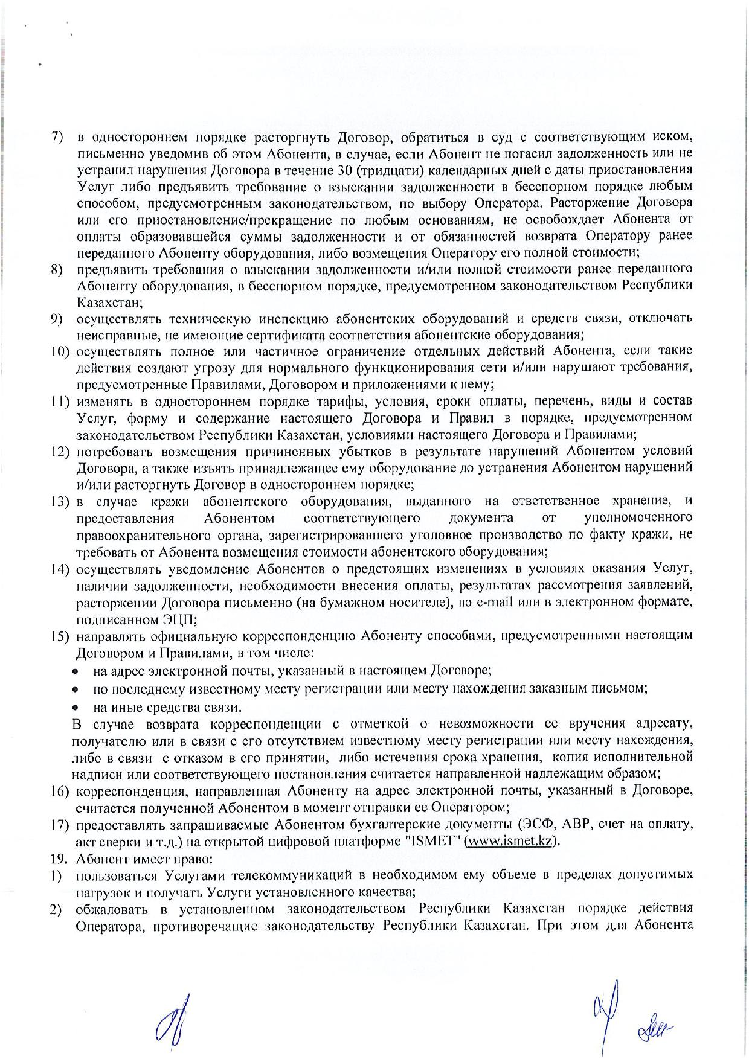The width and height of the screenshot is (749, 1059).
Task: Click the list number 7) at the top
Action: tap(56, 136)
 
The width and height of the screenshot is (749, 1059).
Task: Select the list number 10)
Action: tap(60, 351)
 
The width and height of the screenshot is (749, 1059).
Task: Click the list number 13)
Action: tap(60, 501)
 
